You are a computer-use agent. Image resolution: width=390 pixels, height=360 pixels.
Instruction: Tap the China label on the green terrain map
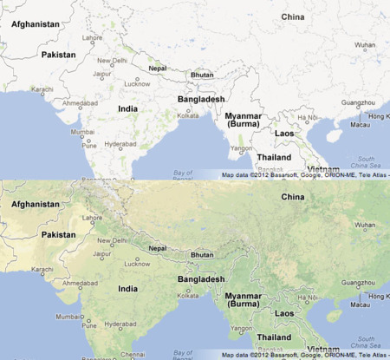point(294,197)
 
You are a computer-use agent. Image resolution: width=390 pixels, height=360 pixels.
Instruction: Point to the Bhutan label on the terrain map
point(202,254)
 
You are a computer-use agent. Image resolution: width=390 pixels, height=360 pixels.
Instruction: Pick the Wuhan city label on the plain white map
point(365,45)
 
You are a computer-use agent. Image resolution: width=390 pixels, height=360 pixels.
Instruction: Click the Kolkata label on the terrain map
point(188,296)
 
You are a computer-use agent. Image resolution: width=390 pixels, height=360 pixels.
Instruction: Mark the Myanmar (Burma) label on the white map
point(243,119)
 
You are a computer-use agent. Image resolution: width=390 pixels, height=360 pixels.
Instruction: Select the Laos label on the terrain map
point(284,313)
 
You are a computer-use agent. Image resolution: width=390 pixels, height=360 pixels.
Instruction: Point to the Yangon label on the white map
point(242,148)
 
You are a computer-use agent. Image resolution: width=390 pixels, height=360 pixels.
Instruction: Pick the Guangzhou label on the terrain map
point(358,283)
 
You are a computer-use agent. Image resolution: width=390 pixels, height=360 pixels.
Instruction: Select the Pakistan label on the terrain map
point(59,234)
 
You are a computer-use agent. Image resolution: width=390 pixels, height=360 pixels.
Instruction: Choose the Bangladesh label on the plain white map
point(201,99)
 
